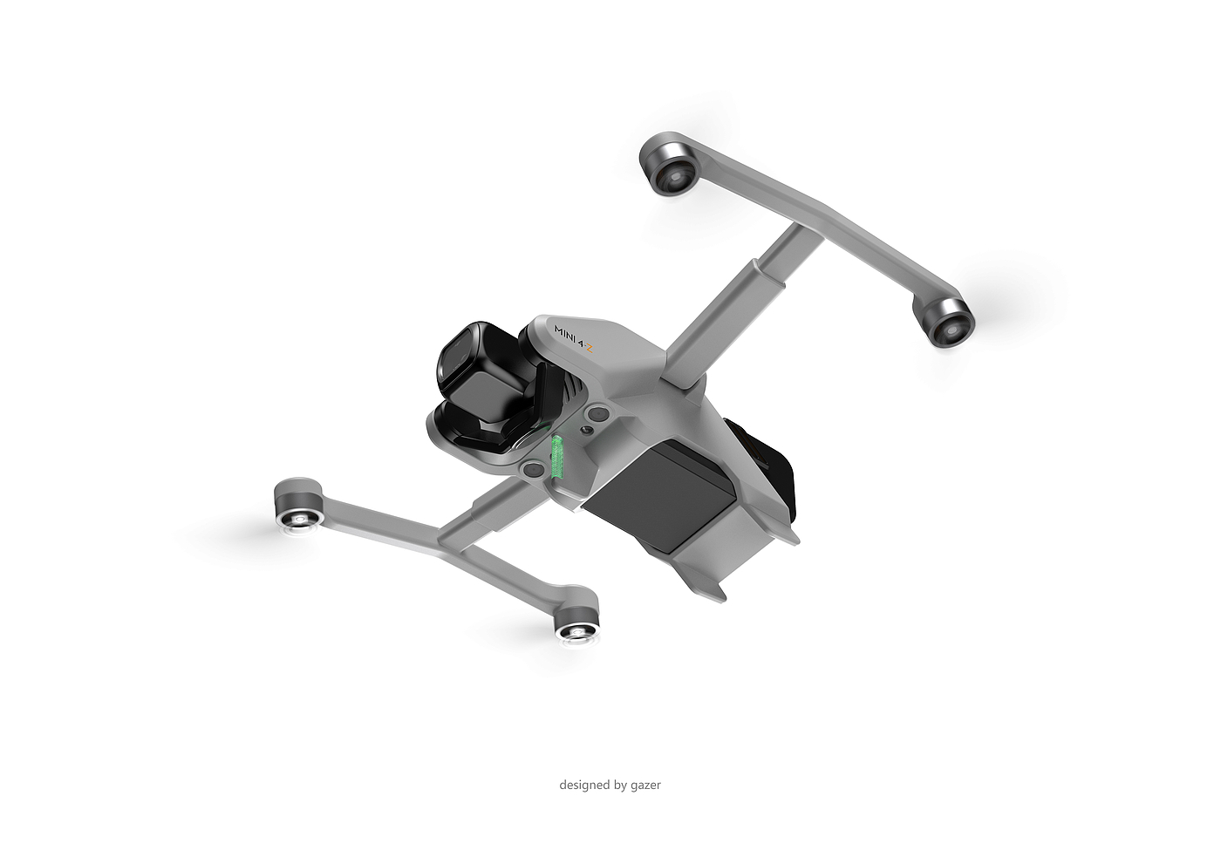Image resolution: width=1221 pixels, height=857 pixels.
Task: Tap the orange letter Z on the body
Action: (588, 350)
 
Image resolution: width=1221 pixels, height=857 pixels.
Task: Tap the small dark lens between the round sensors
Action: (587, 431)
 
